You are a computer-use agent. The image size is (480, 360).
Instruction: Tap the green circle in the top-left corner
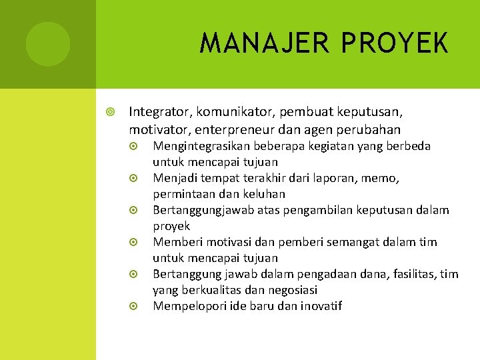pos(48,44)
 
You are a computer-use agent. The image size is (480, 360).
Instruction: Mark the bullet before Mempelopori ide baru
pos(134,306)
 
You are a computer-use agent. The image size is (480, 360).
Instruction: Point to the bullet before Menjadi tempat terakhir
pos(134,178)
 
